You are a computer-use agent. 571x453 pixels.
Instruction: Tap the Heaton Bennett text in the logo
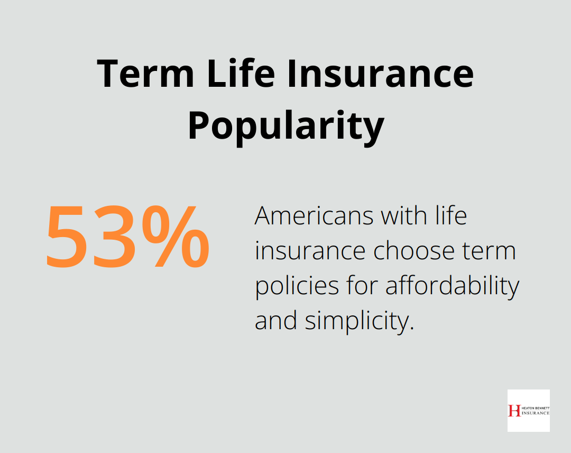tap(535, 407)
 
